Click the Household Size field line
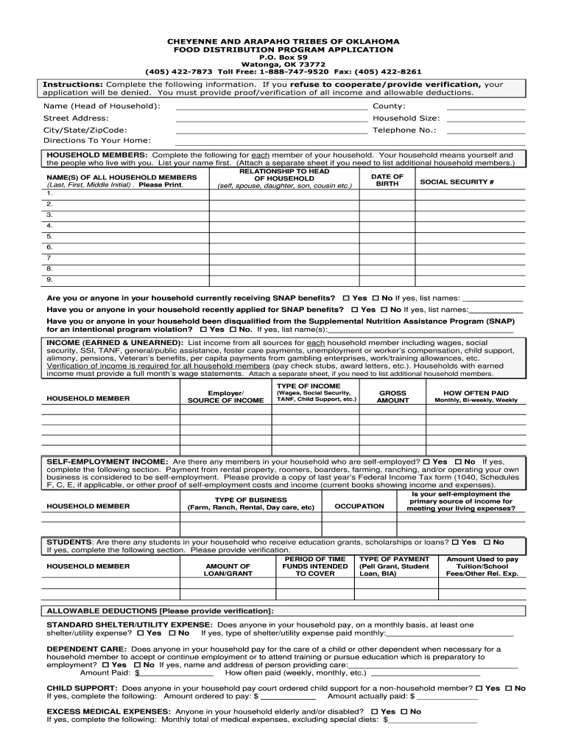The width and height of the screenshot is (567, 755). (485, 119)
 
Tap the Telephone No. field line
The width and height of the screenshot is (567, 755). (485, 130)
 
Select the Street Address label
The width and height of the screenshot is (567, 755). (76, 118)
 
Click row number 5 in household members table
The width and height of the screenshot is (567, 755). (50, 236)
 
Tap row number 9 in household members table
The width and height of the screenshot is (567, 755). (50, 280)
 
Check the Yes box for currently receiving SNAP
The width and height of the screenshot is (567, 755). (347, 298)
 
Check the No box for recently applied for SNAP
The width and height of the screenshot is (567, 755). (384, 310)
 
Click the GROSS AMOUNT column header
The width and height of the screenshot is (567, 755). (392, 397)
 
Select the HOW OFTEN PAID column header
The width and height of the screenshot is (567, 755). (476, 397)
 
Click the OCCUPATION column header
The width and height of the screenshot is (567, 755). (359, 507)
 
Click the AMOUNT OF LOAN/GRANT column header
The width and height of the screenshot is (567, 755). (228, 569)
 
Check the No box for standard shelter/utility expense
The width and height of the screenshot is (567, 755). (172, 633)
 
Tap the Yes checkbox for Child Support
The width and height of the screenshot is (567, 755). (479, 688)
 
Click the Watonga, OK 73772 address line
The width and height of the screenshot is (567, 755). (283, 64)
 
